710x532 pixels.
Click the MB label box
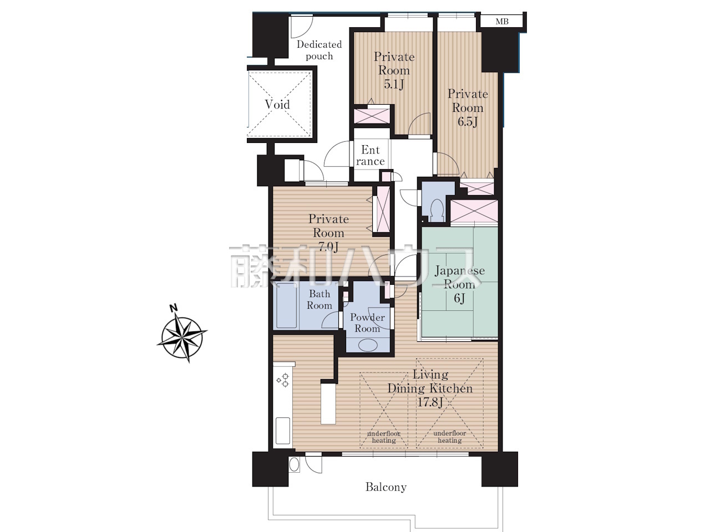501,21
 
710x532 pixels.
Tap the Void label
277,104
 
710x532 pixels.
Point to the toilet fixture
437,209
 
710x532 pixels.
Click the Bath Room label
319,299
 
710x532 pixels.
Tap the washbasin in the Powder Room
368,345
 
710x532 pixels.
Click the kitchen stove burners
283,380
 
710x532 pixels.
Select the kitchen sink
283,431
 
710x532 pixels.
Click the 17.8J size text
429,402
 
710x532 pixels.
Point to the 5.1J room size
394,84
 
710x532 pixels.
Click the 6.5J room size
468,122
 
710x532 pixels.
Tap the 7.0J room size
328,247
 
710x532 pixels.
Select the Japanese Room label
460,278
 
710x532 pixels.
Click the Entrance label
371,155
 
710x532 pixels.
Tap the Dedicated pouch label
319,50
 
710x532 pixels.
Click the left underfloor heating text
384,437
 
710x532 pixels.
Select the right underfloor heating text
450,437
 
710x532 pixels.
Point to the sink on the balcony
294,464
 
